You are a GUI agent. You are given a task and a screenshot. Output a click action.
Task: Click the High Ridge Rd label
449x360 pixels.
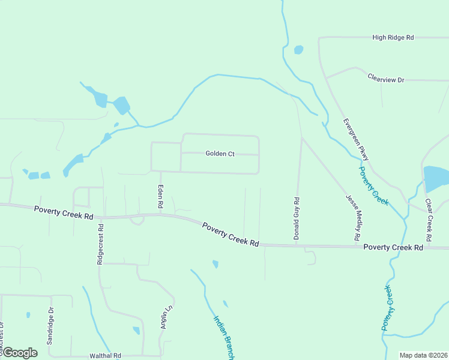(x=393, y=37)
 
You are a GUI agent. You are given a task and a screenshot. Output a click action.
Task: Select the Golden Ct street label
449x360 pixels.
(x=220, y=154)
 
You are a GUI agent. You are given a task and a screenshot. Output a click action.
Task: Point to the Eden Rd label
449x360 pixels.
(x=161, y=196)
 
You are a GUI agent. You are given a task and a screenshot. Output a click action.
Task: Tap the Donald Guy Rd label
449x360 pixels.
(x=297, y=218)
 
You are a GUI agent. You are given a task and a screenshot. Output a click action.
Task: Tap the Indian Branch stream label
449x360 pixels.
(x=222, y=337)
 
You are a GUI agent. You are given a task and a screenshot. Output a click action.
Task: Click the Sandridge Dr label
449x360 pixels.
(x=50, y=325)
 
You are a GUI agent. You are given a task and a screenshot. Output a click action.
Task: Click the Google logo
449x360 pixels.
(x=19, y=353)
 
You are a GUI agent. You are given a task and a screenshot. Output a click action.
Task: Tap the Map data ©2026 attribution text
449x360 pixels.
(x=423, y=355)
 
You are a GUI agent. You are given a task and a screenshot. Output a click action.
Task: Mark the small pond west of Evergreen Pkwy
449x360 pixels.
(x=298, y=50)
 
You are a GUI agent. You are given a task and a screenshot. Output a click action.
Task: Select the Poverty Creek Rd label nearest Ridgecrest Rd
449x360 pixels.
(x=64, y=212)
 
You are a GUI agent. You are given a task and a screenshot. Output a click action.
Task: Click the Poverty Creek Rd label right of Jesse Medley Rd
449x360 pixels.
(x=393, y=247)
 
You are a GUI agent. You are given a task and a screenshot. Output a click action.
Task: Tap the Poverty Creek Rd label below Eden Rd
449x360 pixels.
(x=231, y=235)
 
